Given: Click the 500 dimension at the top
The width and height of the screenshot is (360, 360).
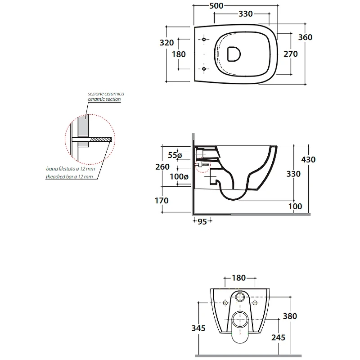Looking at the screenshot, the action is (216, 6).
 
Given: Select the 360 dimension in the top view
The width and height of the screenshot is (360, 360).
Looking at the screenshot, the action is (305, 37).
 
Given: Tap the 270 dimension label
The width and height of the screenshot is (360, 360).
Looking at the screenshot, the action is (290, 54).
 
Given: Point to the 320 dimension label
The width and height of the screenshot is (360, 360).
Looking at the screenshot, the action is (166, 42).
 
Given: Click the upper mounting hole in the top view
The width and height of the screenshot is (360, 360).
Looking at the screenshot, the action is (204, 39).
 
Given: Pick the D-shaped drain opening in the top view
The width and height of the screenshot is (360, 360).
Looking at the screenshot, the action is (234, 54).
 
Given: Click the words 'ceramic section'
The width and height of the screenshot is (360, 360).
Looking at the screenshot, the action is (104, 99).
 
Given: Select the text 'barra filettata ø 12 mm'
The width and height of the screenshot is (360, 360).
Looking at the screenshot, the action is (71, 169).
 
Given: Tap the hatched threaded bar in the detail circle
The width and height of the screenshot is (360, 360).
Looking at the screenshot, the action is (100, 139).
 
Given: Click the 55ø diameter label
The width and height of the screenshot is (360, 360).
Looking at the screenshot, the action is (175, 155).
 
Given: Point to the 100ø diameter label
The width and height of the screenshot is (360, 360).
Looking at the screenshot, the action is (179, 176).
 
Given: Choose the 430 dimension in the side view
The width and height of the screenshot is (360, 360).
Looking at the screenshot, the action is (308, 160).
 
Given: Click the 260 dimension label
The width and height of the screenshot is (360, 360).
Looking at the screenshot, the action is (162, 166).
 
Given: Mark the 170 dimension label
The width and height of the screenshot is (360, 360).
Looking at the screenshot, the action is (162, 201).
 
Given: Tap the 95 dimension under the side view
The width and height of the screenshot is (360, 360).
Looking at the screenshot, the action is (202, 221).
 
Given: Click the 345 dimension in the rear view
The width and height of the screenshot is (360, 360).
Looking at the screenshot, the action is (198, 328).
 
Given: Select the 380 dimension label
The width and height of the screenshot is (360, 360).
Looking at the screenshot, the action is (290, 316).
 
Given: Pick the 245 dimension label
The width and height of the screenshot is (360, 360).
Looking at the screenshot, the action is (278, 337).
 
